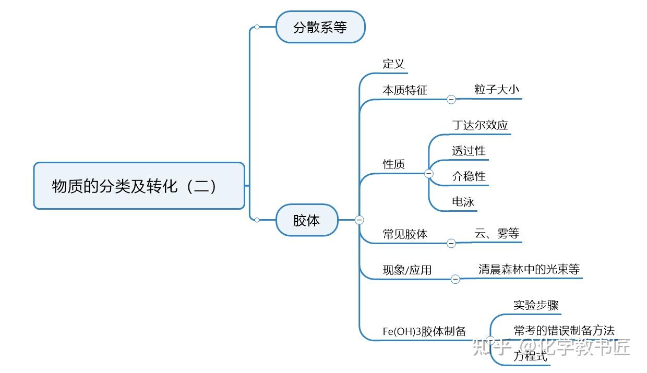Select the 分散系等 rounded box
pyautogui.click(x=320, y=27)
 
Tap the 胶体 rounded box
pyautogui.click(x=307, y=220)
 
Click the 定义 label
pyautogui.click(x=393, y=64)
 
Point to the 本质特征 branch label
pyautogui.click(x=405, y=90)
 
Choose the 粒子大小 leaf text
pyautogui.click(x=497, y=89)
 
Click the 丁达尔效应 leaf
pyautogui.click(x=480, y=125)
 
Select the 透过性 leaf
pyautogui.click(x=469, y=151)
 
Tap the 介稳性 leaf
pyautogui.click(x=469, y=176)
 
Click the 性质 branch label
pyautogui.click(x=394, y=164)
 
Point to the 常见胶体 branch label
pyautogui.click(x=405, y=234)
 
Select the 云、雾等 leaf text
pyautogui.click(x=497, y=234)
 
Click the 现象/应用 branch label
pyautogui.click(x=407, y=270)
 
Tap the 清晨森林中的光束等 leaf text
pyautogui.click(x=529, y=269)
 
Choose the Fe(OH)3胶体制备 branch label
pyautogui.click(x=424, y=331)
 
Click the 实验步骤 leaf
pyautogui.click(x=536, y=305)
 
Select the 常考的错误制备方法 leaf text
pyautogui.click(x=564, y=330)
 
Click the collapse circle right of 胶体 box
pyautogui.click(x=359, y=220)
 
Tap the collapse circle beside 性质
pyautogui.click(x=429, y=173)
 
